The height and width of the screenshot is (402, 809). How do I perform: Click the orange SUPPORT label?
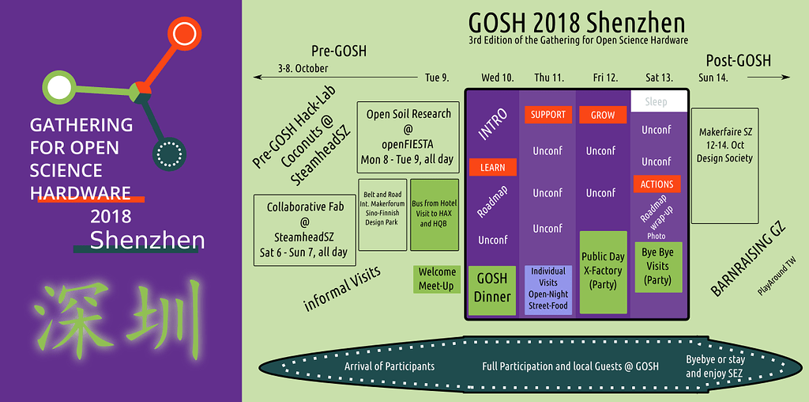click(548, 115)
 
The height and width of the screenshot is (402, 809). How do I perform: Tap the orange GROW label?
click(603, 115)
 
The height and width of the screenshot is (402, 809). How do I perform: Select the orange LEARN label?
click(492, 168)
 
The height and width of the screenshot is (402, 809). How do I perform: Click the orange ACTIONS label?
click(657, 184)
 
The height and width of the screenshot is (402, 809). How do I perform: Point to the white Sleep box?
click(656, 101)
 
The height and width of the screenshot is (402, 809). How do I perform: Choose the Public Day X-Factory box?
click(603, 271)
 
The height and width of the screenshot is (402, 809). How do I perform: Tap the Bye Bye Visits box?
click(657, 267)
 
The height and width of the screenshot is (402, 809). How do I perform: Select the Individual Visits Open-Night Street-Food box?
click(548, 289)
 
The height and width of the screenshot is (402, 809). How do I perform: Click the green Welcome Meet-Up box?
click(436, 279)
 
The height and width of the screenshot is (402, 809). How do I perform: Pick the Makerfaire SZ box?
click(724, 165)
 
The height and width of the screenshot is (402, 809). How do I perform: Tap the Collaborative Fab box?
click(304, 229)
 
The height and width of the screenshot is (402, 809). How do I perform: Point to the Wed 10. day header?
click(497, 78)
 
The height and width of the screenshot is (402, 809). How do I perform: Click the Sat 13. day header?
click(659, 78)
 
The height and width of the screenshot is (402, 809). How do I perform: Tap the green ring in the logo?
click(58, 87)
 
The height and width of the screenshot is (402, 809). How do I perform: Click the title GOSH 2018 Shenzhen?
click(576, 21)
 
